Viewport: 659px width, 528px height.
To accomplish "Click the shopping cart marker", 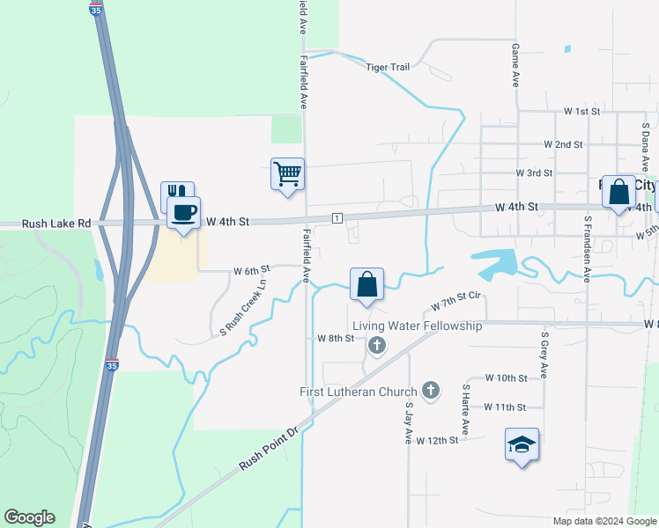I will [x=287, y=172].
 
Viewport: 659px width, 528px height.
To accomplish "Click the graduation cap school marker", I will [x=522, y=444].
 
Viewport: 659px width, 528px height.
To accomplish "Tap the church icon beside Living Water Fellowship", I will [x=377, y=345].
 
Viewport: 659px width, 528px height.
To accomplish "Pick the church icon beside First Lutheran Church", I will [x=431, y=390].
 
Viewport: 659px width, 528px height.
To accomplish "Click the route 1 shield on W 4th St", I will [x=337, y=217].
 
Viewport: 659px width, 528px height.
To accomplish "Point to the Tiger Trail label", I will [x=389, y=67].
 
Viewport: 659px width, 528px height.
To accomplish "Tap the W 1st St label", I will [x=581, y=112].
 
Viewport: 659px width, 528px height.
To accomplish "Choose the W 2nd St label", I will [x=564, y=143].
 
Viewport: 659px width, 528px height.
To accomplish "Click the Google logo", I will [x=29, y=517].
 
